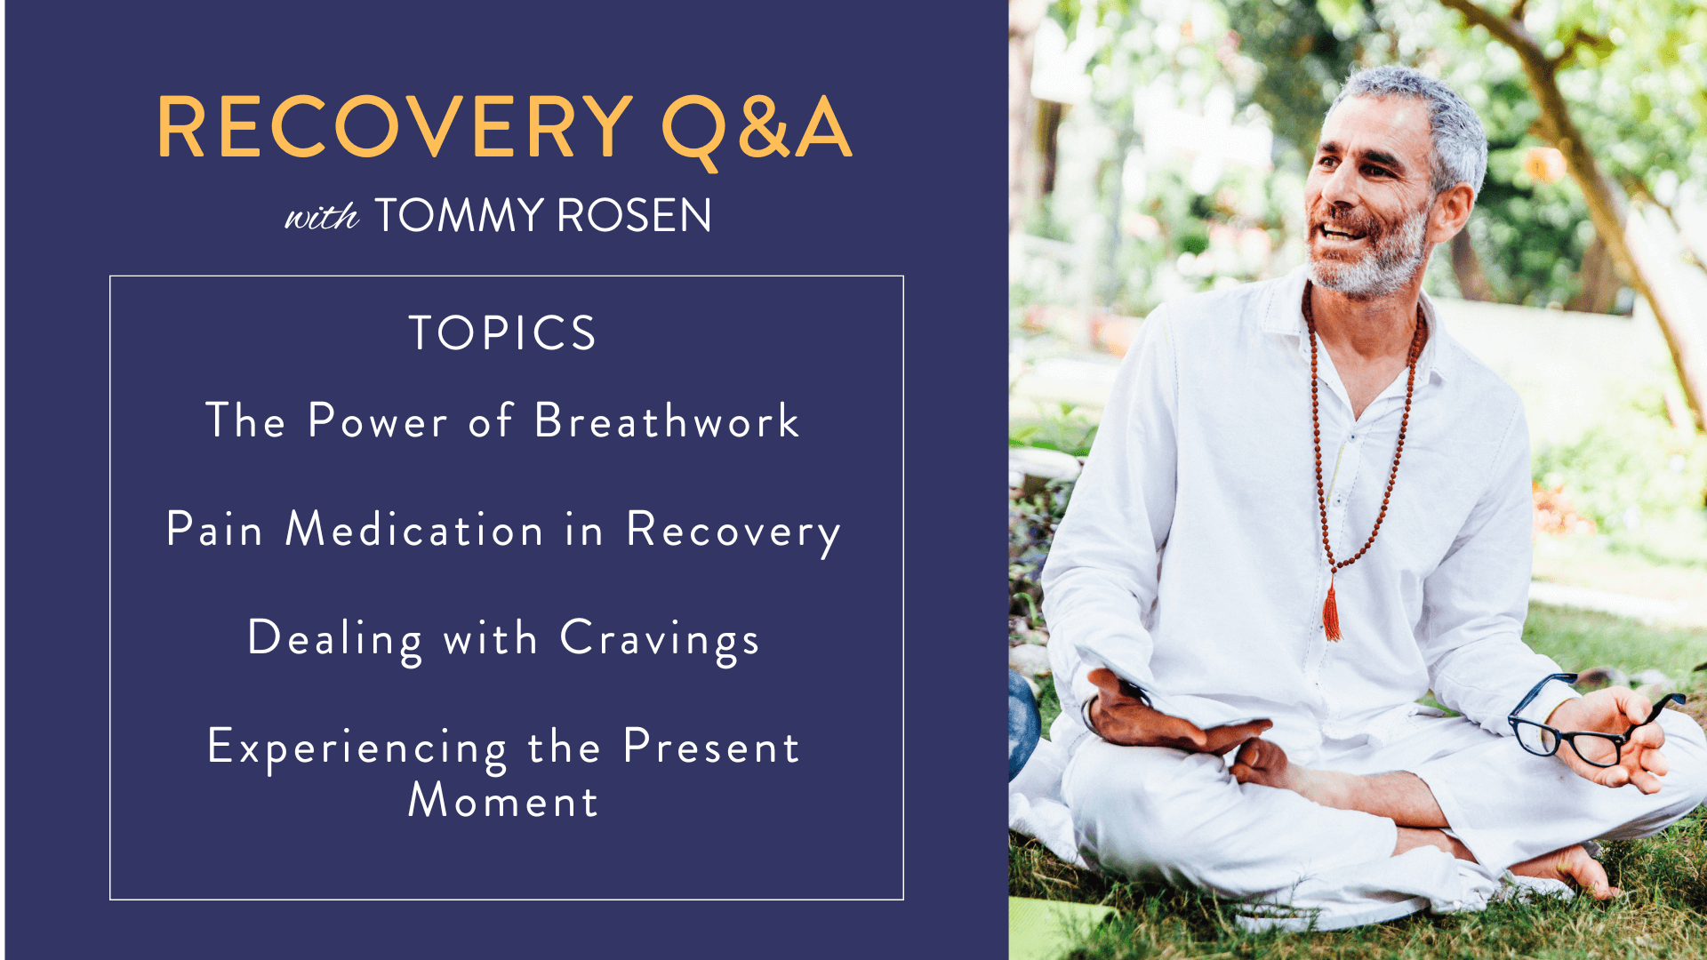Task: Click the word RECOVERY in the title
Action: click(x=395, y=127)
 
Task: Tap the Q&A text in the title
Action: click(x=757, y=130)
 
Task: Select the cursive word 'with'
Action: click(x=321, y=216)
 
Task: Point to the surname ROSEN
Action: click(x=634, y=216)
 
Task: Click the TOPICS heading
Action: click(x=502, y=333)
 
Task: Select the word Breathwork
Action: click(x=667, y=420)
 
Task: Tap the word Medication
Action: click(x=414, y=529)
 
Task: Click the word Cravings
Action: click(x=660, y=640)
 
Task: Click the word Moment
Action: click(x=503, y=800)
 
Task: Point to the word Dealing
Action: click(x=335, y=640)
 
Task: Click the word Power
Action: click(x=378, y=420)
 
